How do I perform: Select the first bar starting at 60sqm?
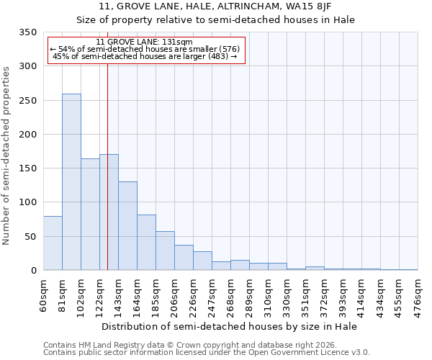pos(53,243)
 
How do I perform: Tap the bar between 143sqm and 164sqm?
pos(127,226)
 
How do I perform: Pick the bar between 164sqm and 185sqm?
pos(146,243)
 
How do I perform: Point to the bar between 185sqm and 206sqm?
pos(165,251)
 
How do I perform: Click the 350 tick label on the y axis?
pos(27,32)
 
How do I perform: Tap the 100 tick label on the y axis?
pos(27,202)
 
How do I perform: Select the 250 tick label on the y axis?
pos(27,101)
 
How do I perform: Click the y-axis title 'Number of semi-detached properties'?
pos(7,156)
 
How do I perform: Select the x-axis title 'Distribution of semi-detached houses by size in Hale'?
pos(230,326)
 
